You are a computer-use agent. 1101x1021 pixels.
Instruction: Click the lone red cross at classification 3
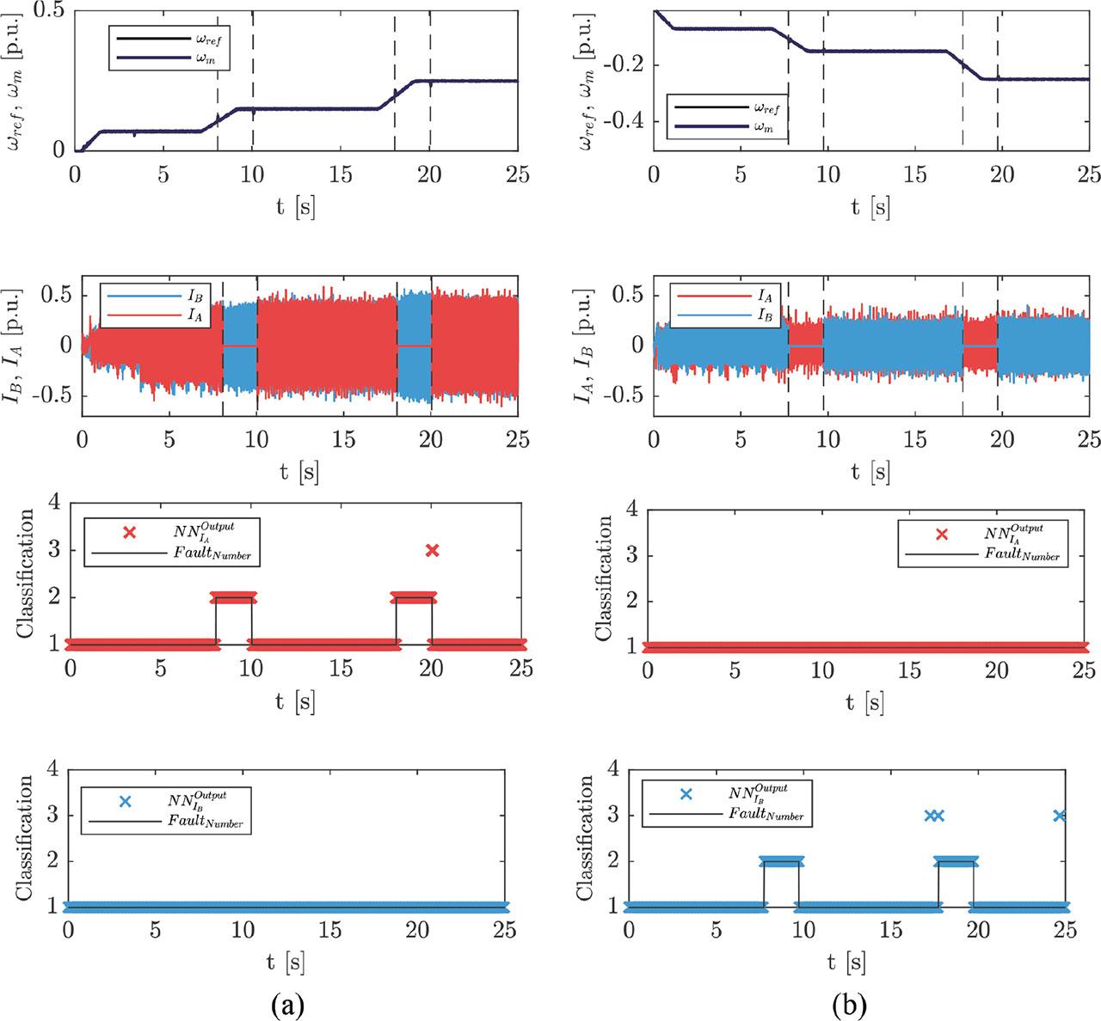(432, 550)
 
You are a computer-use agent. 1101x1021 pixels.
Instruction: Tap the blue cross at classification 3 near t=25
(1061, 816)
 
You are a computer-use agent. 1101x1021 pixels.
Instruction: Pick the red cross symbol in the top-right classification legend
(942, 534)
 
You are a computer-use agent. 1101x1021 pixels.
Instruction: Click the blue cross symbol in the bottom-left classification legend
(125, 802)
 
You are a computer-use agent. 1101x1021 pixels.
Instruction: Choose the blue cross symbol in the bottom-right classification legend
(686, 794)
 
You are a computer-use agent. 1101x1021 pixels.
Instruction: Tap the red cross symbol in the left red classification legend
(130, 533)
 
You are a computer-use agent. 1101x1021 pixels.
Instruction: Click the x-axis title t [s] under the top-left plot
(295, 208)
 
